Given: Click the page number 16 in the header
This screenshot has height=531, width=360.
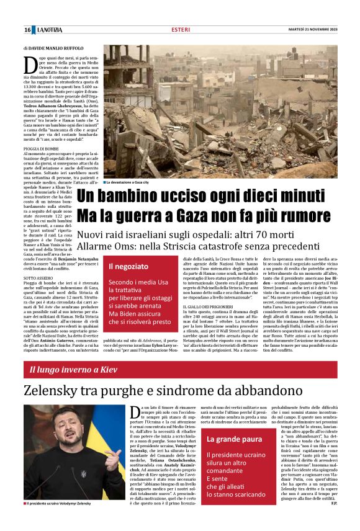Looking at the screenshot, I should point(28,30).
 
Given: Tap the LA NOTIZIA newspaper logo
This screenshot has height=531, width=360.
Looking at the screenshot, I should point(49,30).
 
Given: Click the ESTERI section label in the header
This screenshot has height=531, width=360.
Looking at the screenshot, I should point(180,30).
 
